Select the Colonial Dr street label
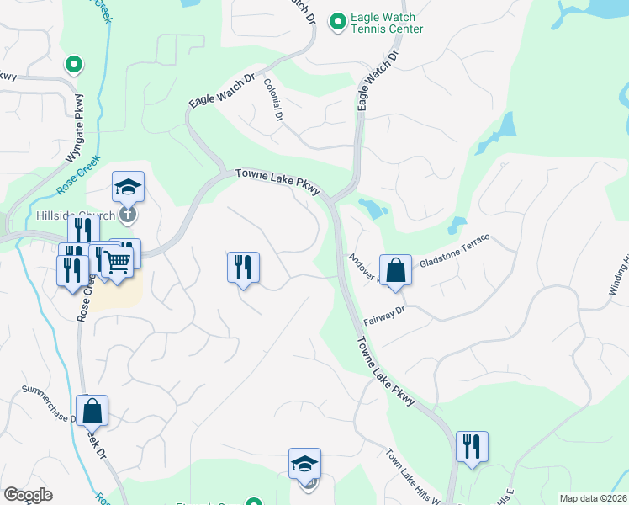[272, 98]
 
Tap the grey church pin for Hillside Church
[127, 214]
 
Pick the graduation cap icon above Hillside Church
[128, 186]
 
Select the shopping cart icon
[117, 262]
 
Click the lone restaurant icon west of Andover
[243, 267]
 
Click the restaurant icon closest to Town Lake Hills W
[472, 446]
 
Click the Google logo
[28, 495]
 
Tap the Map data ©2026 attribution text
[593, 498]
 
